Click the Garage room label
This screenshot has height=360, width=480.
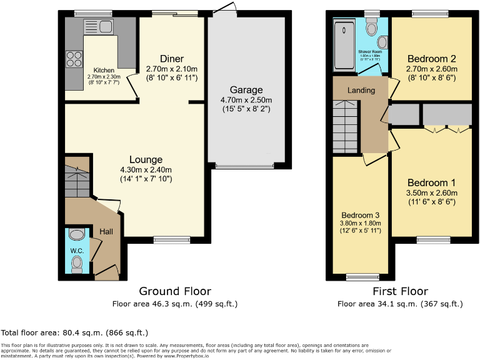(x=246, y=90)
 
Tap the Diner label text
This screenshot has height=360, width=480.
(x=171, y=59)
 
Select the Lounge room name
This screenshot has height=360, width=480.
(x=146, y=159)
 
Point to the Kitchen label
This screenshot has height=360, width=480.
(x=104, y=70)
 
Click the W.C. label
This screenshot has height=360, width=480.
(x=77, y=251)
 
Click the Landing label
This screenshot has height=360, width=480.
(x=361, y=91)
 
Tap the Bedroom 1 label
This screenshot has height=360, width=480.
(x=431, y=182)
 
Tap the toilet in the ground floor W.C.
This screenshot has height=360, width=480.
(x=77, y=265)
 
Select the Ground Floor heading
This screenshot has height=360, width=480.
(x=175, y=291)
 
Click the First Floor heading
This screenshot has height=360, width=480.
(x=400, y=291)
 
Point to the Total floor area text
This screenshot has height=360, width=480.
(x=75, y=332)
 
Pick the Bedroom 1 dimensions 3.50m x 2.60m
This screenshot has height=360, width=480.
(x=431, y=192)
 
